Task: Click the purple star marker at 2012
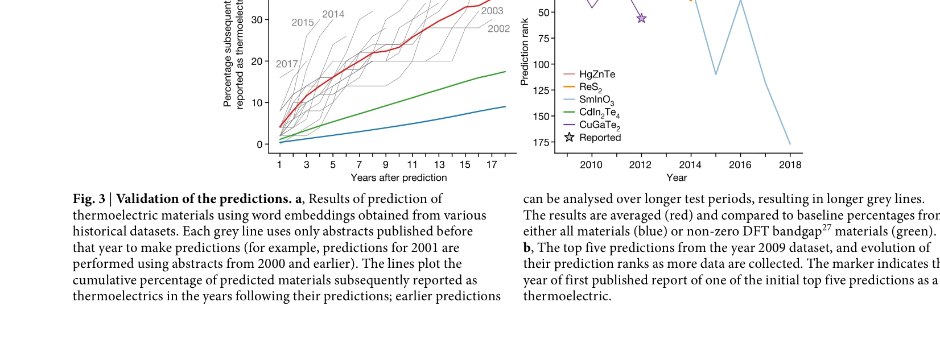point(641,18)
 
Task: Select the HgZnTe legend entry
point(597,75)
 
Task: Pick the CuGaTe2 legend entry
point(599,125)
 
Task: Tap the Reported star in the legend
point(569,137)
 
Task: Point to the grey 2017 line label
point(287,64)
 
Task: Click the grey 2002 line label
point(498,29)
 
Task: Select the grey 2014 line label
point(333,14)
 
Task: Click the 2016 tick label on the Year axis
point(740,165)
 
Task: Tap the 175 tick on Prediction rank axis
point(541,142)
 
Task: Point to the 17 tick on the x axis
point(492,165)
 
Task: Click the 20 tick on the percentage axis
point(257,61)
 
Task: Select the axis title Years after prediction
point(398,178)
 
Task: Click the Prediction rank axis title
point(525,52)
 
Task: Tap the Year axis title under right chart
point(677,178)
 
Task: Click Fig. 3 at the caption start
point(89,199)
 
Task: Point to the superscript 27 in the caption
point(826,228)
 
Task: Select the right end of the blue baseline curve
point(505,106)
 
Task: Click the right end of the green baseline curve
point(505,72)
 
